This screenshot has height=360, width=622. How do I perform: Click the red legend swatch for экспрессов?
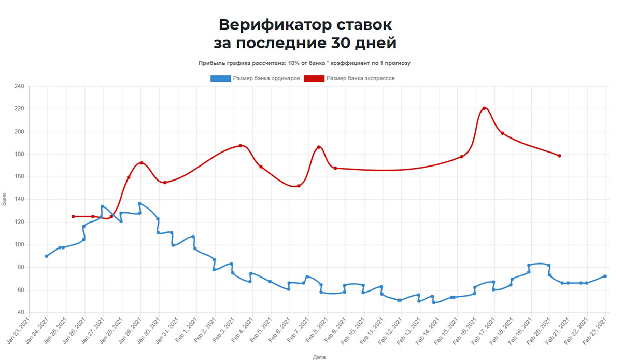(314, 78)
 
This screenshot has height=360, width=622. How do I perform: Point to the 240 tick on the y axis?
(19, 86)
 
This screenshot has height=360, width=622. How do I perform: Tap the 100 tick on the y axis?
(19, 245)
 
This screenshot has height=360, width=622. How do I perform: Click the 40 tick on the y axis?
(21, 313)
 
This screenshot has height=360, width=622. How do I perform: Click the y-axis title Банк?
(5, 200)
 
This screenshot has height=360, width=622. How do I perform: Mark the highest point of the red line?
(484, 108)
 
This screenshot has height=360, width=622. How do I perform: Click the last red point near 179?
(560, 156)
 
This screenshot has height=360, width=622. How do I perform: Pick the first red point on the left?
(73, 216)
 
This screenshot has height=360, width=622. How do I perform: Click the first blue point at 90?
(47, 256)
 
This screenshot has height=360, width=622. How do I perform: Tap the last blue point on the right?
(605, 276)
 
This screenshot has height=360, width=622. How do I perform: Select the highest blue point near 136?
(139, 203)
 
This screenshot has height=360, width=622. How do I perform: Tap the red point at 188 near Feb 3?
(241, 146)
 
